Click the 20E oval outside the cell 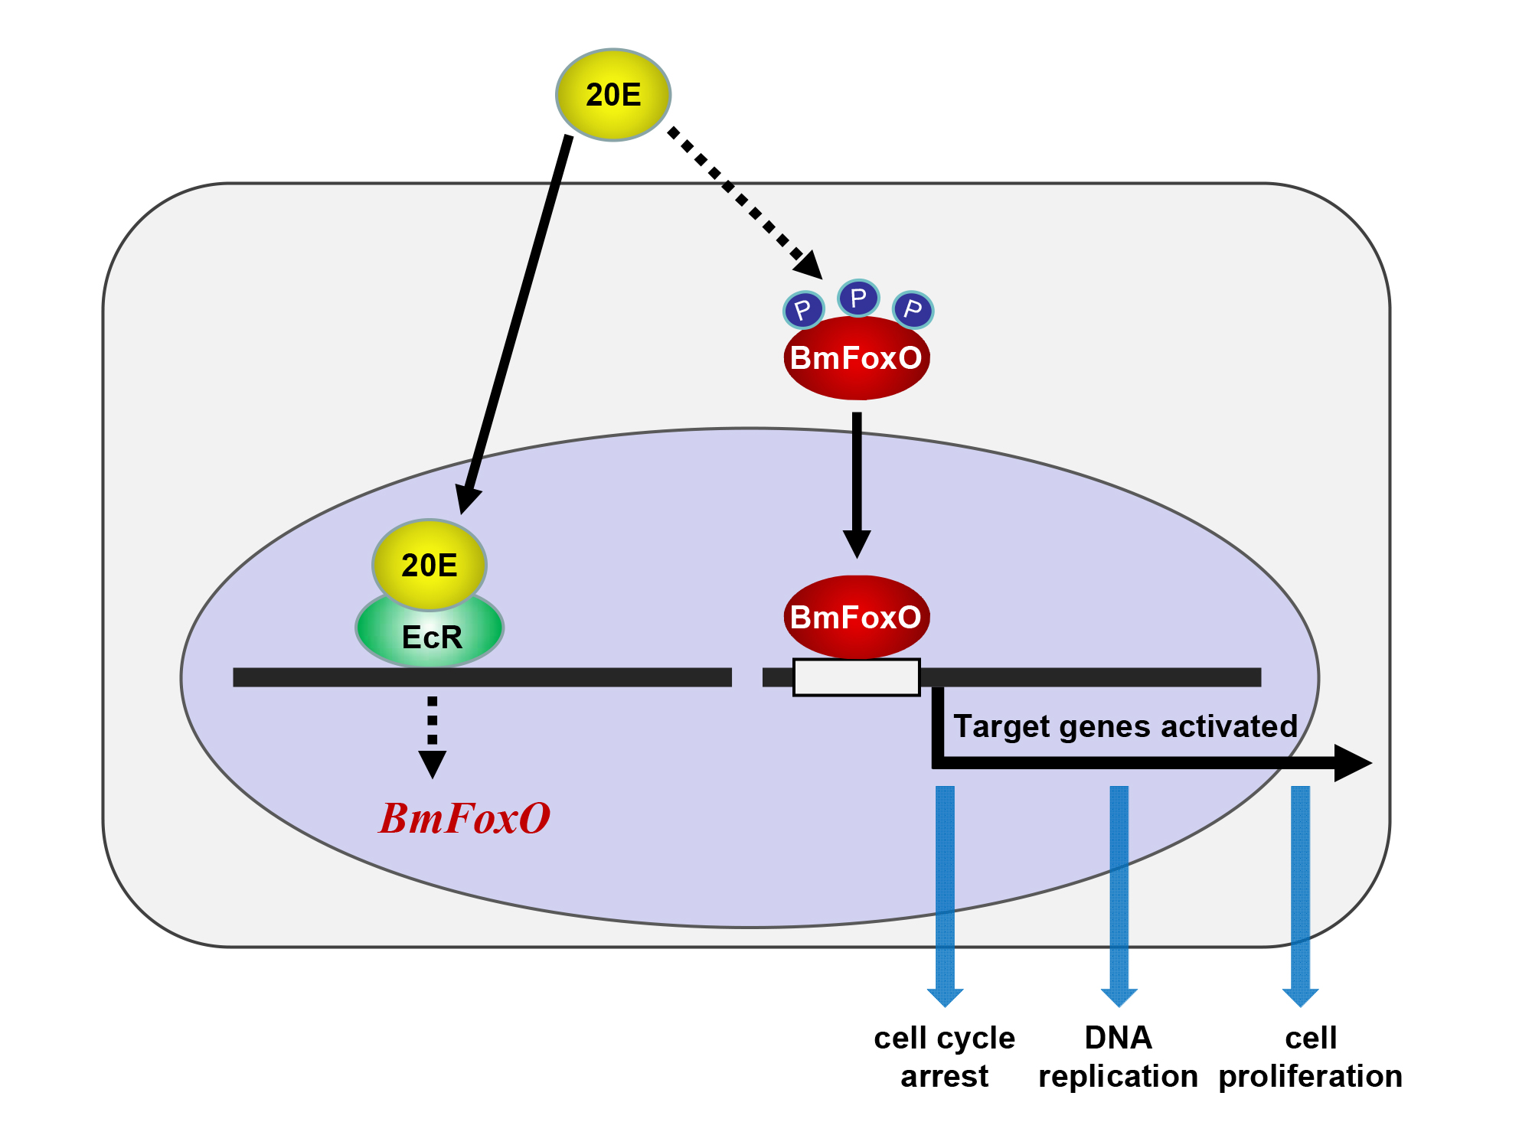click(613, 95)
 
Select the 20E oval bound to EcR click(430, 565)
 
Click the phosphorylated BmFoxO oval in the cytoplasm click(857, 358)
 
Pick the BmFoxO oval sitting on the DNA click(857, 617)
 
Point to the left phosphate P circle click(803, 310)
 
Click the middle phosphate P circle click(858, 298)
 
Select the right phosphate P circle click(913, 310)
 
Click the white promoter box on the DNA click(857, 677)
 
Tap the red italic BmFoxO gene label click(465, 817)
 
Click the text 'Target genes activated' click(1125, 726)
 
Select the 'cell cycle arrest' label click(945, 1057)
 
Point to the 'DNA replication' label click(1119, 1057)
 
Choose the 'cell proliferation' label click(1311, 1057)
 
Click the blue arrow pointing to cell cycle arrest click(945, 896)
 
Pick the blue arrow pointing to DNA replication click(1119, 896)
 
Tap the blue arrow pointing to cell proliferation click(1300, 896)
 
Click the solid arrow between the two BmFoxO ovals click(857, 485)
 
